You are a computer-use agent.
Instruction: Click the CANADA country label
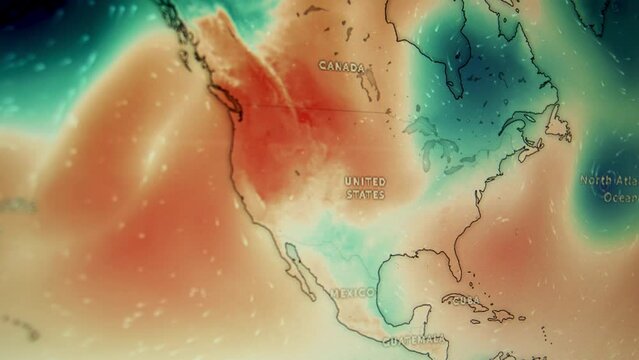tap(342, 66)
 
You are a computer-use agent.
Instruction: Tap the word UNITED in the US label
tap(364, 181)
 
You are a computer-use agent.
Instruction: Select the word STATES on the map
tap(365, 194)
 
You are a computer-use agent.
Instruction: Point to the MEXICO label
tap(352, 293)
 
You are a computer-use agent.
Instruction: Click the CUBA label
tap(463, 300)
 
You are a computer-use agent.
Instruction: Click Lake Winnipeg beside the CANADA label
tap(369, 84)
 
